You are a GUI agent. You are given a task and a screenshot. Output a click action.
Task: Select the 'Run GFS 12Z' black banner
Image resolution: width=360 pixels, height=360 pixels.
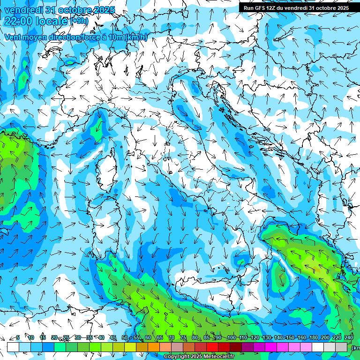[296, 8]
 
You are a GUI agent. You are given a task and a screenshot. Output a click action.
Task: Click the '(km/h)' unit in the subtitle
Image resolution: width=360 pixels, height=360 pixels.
[136, 37]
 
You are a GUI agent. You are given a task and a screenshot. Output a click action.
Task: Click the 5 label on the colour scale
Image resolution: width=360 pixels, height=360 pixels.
[18, 337]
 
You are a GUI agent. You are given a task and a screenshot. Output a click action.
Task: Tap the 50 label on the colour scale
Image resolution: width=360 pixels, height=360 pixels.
[125, 337]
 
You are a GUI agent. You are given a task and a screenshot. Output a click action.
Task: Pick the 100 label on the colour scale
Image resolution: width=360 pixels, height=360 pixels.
[231, 337]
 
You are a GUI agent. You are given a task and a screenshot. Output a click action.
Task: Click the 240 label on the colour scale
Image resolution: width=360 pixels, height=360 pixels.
[349, 337]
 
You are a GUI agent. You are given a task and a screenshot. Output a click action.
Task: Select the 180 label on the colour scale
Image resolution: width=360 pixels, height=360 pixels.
[313, 337]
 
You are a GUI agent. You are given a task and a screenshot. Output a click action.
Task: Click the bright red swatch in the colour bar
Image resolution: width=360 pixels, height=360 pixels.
[212, 347]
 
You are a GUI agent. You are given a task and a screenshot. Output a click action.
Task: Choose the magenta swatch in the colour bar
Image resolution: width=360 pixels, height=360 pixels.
[271, 347]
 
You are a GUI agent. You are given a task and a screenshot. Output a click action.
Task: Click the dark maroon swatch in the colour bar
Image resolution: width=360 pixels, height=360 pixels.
[236, 347]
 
